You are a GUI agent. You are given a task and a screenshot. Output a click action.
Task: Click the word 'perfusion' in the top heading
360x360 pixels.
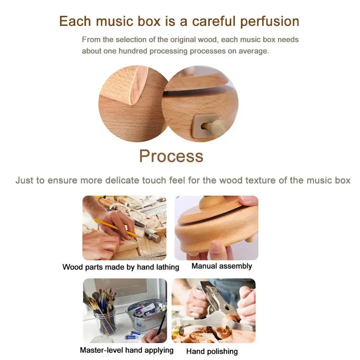270,21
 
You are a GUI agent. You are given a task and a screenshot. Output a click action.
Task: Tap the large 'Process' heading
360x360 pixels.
171,156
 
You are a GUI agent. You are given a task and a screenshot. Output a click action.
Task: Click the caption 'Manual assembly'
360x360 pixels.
221,266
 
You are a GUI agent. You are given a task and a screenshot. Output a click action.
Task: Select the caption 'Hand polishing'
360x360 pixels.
212,351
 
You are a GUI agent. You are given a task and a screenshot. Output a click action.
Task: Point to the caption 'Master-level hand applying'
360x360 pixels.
126,350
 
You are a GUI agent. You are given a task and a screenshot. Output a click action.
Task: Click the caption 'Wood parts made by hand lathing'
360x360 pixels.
121,267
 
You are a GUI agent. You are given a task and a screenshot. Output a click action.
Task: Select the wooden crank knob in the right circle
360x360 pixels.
217,126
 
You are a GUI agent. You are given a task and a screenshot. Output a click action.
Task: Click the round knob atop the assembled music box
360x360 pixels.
213,202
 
